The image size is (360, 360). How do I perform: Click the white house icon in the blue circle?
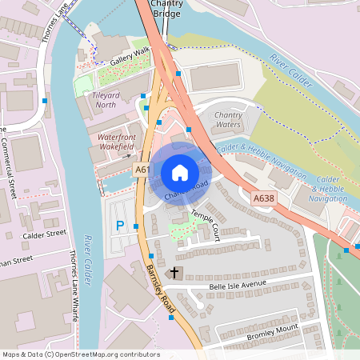tap(180, 172)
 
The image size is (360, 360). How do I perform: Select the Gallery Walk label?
tap(130, 56)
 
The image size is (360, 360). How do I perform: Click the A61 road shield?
tap(142, 170)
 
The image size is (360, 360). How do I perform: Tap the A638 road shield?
tap(263, 198)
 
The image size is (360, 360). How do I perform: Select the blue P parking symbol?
tap(121, 226)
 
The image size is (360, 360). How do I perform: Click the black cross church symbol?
tap(174, 274)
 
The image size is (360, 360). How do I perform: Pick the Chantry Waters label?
tap(229, 120)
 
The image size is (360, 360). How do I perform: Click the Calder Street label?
tap(45, 234)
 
